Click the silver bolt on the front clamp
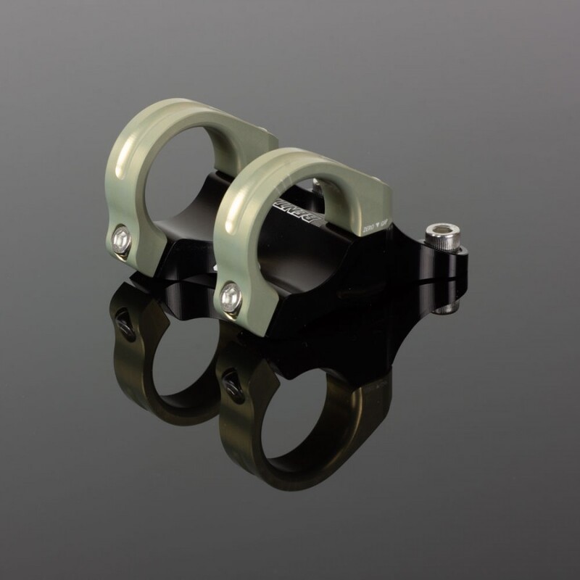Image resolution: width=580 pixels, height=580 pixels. coord(231,294)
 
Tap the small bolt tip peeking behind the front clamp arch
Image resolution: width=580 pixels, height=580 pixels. coord(320,185)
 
